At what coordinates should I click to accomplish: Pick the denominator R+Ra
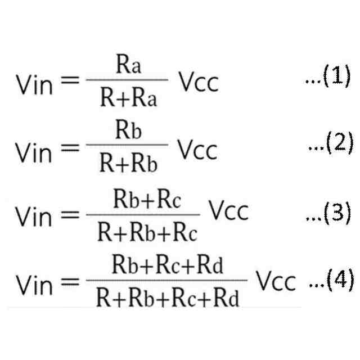(x=129, y=99)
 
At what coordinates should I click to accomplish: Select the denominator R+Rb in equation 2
(x=129, y=164)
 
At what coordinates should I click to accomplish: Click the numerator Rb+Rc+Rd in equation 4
(x=168, y=265)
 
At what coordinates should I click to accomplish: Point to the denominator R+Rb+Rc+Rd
(x=168, y=297)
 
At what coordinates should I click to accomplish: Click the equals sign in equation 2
(x=70, y=148)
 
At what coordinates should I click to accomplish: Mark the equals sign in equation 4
(x=70, y=280)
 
